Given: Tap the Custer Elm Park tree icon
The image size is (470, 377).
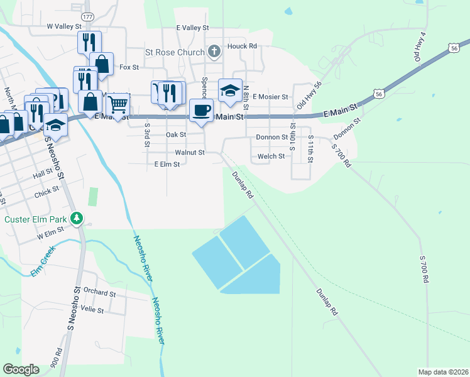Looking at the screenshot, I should tap(77, 219).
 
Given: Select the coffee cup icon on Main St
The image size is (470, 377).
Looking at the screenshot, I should tap(200, 111).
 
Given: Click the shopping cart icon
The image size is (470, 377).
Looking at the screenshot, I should tap(117, 102).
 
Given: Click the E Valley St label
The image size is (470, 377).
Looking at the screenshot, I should tap(192, 28).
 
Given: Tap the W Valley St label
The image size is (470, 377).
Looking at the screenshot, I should tap(65, 26).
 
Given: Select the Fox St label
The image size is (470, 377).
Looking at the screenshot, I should tap(129, 67).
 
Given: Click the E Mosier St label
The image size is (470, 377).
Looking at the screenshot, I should tap(270, 97).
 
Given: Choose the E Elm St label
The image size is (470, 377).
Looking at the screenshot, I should tap(167, 164).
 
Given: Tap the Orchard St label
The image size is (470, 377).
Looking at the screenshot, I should tap(99, 292).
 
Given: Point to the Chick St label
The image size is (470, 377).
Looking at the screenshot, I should tap(46, 193).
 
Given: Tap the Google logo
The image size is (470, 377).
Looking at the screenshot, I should tap(21, 369).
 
